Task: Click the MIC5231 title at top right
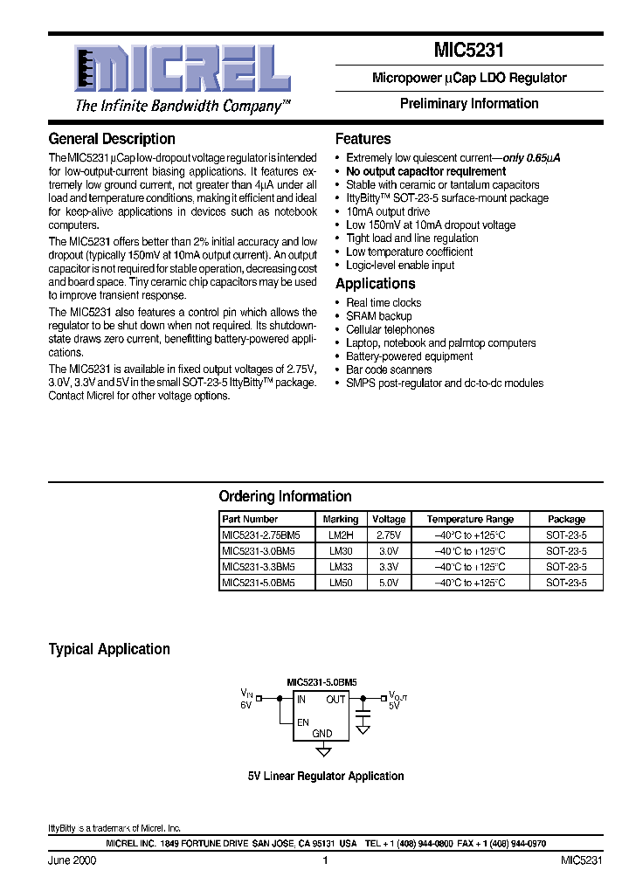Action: (x=469, y=51)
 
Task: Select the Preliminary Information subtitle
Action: (x=469, y=103)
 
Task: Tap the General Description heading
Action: (x=112, y=139)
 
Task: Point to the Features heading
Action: (x=363, y=139)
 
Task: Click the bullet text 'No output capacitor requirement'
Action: (x=425, y=171)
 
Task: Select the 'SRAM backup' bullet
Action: (x=378, y=316)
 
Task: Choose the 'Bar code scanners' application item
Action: (x=389, y=369)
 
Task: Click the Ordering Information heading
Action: (x=285, y=496)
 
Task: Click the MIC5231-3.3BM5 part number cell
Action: (x=259, y=566)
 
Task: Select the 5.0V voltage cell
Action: (x=388, y=582)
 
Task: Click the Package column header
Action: (x=566, y=519)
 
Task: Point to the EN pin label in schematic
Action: (x=303, y=722)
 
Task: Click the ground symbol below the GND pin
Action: (x=323, y=750)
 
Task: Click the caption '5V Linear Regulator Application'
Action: (x=325, y=776)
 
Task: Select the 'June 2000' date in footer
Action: (x=72, y=860)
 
